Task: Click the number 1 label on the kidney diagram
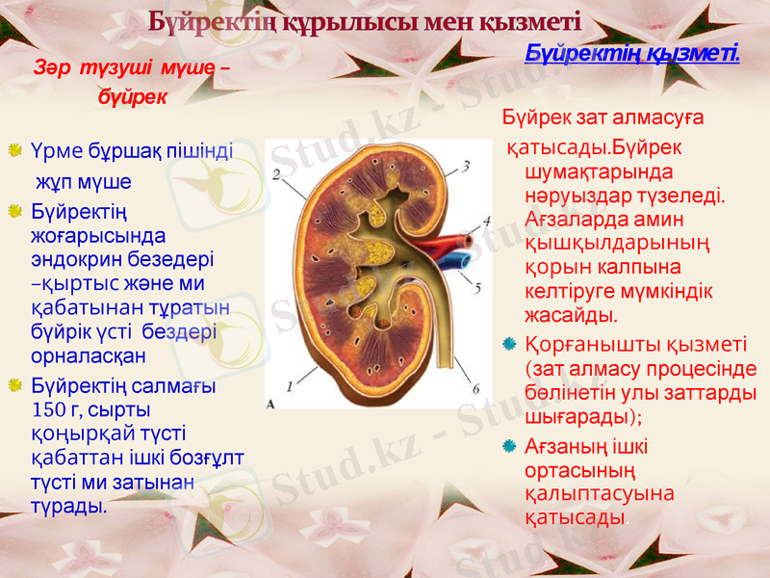(x=289, y=381)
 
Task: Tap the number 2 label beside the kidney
(x=277, y=174)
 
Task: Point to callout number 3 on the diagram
(x=466, y=166)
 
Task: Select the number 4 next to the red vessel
(x=487, y=221)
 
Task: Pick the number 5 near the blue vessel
(x=478, y=286)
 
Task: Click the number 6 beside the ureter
(x=475, y=389)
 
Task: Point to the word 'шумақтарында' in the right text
(x=587, y=173)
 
